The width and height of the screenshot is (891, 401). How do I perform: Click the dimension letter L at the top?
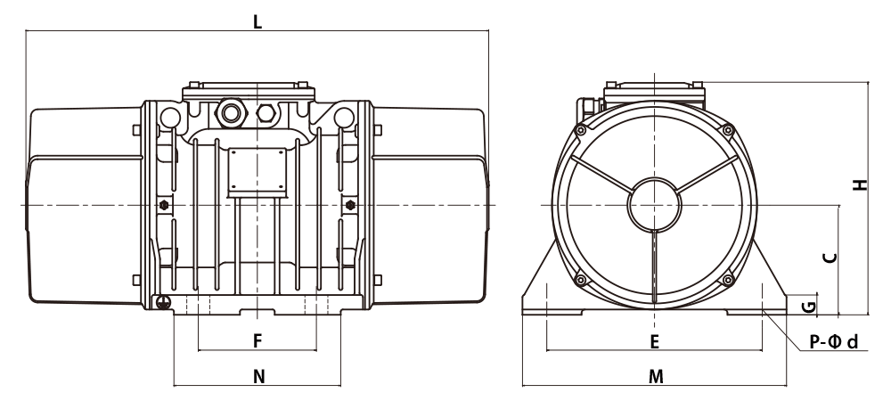coord(257,22)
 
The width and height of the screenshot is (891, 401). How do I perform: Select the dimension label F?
coord(257,340)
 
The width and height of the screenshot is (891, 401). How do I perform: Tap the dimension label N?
coord(258,377)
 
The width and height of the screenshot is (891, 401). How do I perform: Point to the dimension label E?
coord(655,342)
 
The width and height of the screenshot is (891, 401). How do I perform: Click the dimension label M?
coord(656,377)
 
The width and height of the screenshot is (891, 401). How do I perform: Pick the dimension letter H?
coord(861,184)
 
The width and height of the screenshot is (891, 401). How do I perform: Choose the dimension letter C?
coord(830,258)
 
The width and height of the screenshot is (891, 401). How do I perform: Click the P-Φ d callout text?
coord(833,342)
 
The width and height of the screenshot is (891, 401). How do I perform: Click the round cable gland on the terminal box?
coord(231,113)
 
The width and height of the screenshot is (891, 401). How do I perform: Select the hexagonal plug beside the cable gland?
coord(266,113)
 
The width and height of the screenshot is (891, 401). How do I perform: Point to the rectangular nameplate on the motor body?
coord(257,169)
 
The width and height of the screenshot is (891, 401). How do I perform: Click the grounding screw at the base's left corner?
coord(163,303)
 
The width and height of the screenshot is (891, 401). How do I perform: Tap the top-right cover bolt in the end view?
coord(728,131)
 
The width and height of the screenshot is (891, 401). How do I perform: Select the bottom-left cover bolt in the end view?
coord(580,280)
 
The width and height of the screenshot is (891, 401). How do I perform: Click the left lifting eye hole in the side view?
coord(170,118)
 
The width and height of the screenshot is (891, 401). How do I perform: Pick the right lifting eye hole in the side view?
coord(344,118)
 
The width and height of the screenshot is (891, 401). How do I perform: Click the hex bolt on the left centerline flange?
coord(164,205)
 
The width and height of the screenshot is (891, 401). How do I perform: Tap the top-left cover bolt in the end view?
coord(580,131)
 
